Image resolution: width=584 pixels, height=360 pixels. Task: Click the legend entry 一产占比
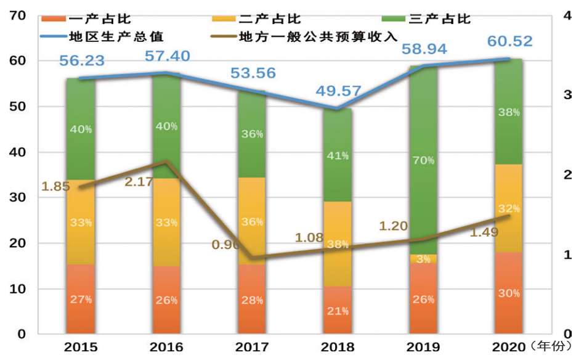[x=102, y=19]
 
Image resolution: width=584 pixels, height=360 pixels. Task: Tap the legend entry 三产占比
[x=440, y=19]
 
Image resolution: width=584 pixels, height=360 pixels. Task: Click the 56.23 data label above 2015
[x=81, y=60]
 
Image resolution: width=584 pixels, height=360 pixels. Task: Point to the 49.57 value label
[x=338, y=92]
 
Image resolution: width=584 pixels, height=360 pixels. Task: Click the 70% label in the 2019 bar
[x=424, y=160]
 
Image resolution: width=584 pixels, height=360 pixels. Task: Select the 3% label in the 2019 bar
[x=424, y=259]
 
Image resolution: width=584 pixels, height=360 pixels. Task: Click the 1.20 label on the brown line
[x=394, y=226]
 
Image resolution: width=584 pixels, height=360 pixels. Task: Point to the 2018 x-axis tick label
[x=338, y=347]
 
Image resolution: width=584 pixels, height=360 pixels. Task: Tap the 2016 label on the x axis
[x=166, y=347]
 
